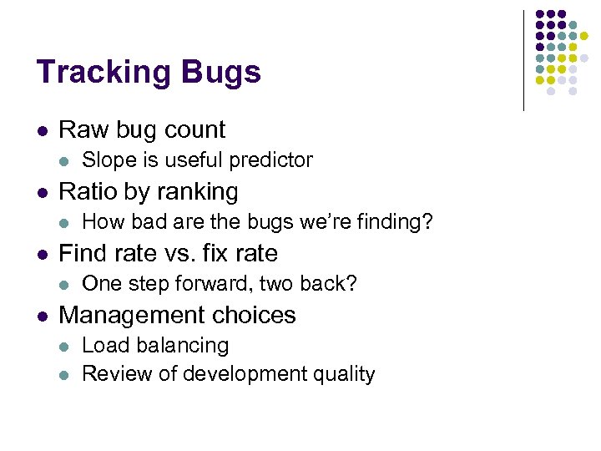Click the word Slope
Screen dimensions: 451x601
point(108,160)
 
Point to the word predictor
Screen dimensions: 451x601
point(266,160)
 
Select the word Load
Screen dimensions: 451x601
point(104,345)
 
